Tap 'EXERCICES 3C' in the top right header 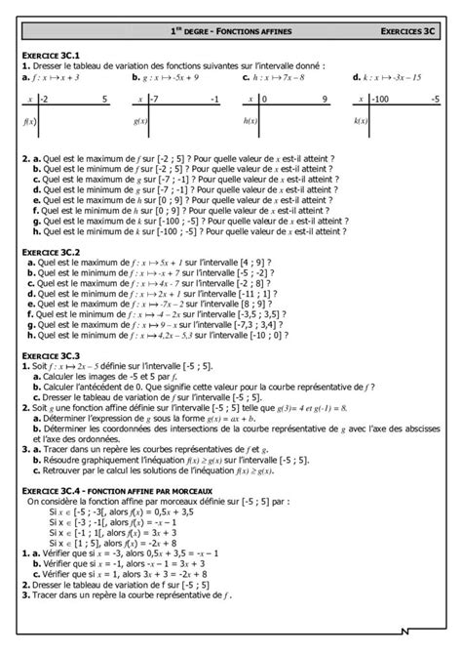(409, 32)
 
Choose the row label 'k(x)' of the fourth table (360, 121)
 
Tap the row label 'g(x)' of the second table (138, 121)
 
